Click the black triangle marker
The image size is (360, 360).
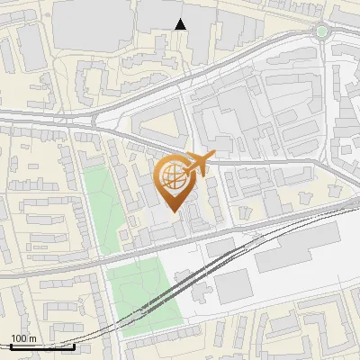click(181, 24)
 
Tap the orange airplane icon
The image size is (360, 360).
click(195, 165)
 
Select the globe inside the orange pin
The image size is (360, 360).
click(175, 177)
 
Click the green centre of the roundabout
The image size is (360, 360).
click(321, 31)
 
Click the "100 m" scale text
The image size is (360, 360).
click(23, 338)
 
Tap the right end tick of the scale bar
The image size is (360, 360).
click(74, 346)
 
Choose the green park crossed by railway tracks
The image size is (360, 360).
click(144, 297)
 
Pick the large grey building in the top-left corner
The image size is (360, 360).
click(90, 22)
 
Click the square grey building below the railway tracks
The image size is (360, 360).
click(232, 286)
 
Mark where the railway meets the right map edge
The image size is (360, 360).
click(357, 206)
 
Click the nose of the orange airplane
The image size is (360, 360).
click(213, 157)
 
